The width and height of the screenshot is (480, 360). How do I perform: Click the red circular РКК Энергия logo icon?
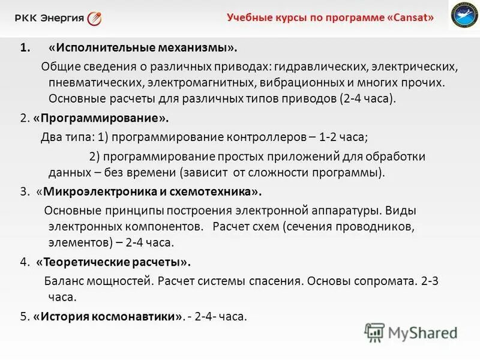[x=94, y=18]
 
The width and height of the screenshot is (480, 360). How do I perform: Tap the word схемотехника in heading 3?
[x=216, y=192]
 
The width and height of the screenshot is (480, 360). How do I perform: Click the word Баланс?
[x=65, y=280]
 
